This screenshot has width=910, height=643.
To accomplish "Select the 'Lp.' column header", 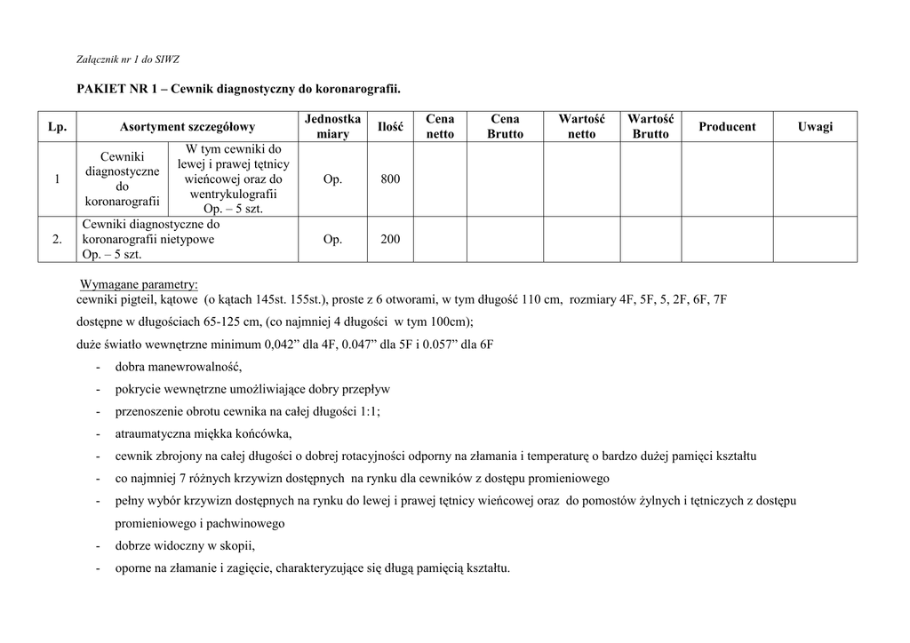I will tap(57, 126).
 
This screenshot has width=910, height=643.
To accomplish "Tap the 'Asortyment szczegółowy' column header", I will tap(188, 126).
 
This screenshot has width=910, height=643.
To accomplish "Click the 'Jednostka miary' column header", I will tap(332, 126).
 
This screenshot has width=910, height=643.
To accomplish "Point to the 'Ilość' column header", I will tap(390, 127).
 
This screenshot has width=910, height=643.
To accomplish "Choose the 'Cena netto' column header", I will tap(440, 126).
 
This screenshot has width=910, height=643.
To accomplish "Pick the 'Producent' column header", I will tap(727, 126).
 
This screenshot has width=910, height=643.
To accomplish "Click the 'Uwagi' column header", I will tap(815, 126).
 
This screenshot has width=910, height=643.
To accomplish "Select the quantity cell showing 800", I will tap(390, 179).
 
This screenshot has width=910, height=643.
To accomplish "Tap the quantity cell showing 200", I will tap(390, 240).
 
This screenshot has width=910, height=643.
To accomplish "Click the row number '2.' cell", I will tap(57, 240).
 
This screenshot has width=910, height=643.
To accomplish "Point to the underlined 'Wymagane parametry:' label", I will tap(140, 284).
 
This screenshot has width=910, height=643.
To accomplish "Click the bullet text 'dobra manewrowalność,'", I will tap(179, 367).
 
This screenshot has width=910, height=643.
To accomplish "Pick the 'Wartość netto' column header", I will tap(581, 126).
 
